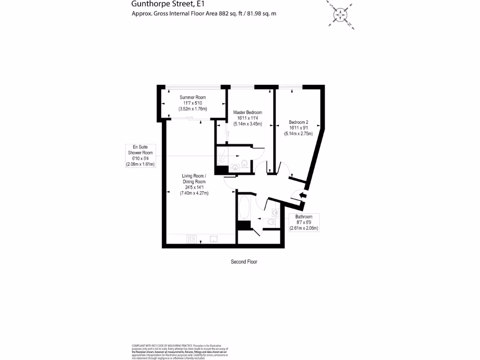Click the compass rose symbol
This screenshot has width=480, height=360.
coord(340,14)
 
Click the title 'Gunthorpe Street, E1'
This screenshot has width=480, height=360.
coord(161,4)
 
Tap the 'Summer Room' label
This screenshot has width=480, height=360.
coord(193,97)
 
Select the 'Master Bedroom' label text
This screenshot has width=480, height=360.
coord(247,112)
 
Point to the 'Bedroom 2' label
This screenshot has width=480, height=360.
coord(298,122)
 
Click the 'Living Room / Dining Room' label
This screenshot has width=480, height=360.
coord(194,179)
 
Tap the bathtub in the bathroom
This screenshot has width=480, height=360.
coord(244,207)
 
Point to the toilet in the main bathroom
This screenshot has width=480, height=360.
coord(270,222)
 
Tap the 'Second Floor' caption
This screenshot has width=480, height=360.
coord(244,262)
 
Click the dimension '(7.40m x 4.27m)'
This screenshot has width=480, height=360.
coord(194,193)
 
